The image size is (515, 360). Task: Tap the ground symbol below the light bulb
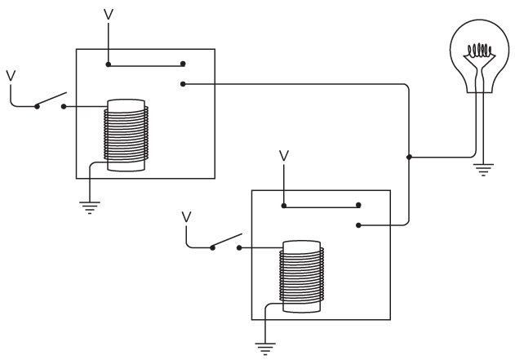(x=483, y=170)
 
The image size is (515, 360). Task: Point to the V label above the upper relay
(x=109, y=14)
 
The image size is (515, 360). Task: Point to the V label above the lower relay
(x=283, y=154)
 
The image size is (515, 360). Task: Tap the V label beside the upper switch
(x=11, y=75)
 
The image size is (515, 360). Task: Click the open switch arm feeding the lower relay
(x=226, y=242)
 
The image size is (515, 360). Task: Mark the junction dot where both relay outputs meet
(x=407, y=156)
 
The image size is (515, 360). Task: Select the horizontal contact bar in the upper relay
(x=146, y=63)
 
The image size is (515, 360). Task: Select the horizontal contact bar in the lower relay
(x=321, y=205)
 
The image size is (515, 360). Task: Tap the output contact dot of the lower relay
(x=358, y=224)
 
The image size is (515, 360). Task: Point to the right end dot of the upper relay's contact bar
(x=183, y=63)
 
